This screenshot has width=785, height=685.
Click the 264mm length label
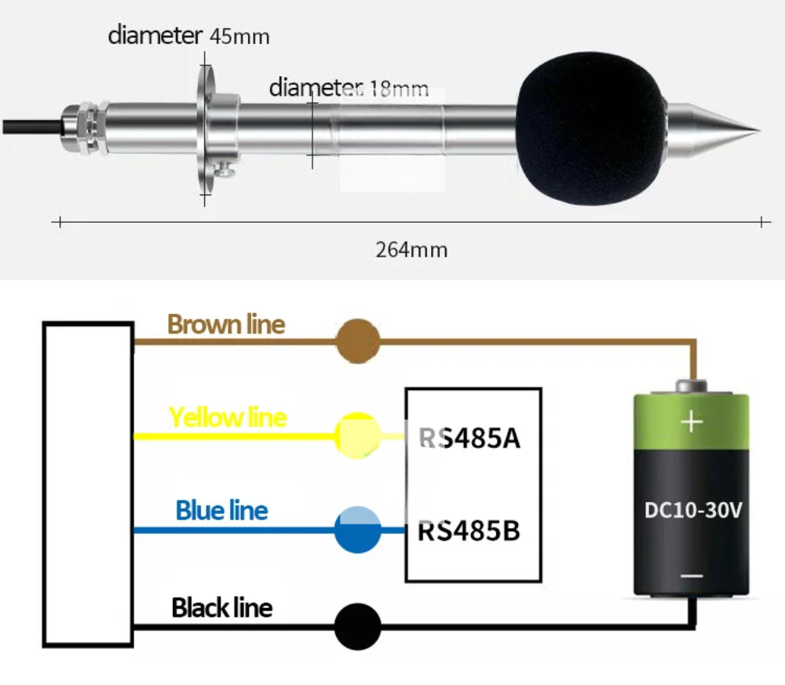click(x=411, y=250)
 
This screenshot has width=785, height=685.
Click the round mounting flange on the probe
click(x=206, y=129)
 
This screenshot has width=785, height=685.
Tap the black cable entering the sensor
click(x=27, y=125)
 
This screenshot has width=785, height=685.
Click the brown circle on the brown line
click(x=358, y=341)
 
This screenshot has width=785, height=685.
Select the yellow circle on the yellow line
click(x=358, y=435)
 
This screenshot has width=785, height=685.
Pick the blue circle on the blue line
click(x=358, y=530)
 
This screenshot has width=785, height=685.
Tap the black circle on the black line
click(x=358, y=627)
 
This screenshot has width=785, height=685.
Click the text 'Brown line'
click(x=226, y=324)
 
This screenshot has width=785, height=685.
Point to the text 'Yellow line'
click(x=228, y=417)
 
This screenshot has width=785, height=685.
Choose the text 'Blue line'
click(x=221, y=511)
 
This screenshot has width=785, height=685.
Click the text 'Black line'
click(x=222, y=607)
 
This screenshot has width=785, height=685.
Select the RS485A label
click(x=469, y=438)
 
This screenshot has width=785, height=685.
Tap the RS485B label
click(x=469, y=531)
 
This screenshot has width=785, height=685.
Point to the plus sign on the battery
click(x=692, y=423)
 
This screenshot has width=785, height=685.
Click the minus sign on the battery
click(x=692, y=577)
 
